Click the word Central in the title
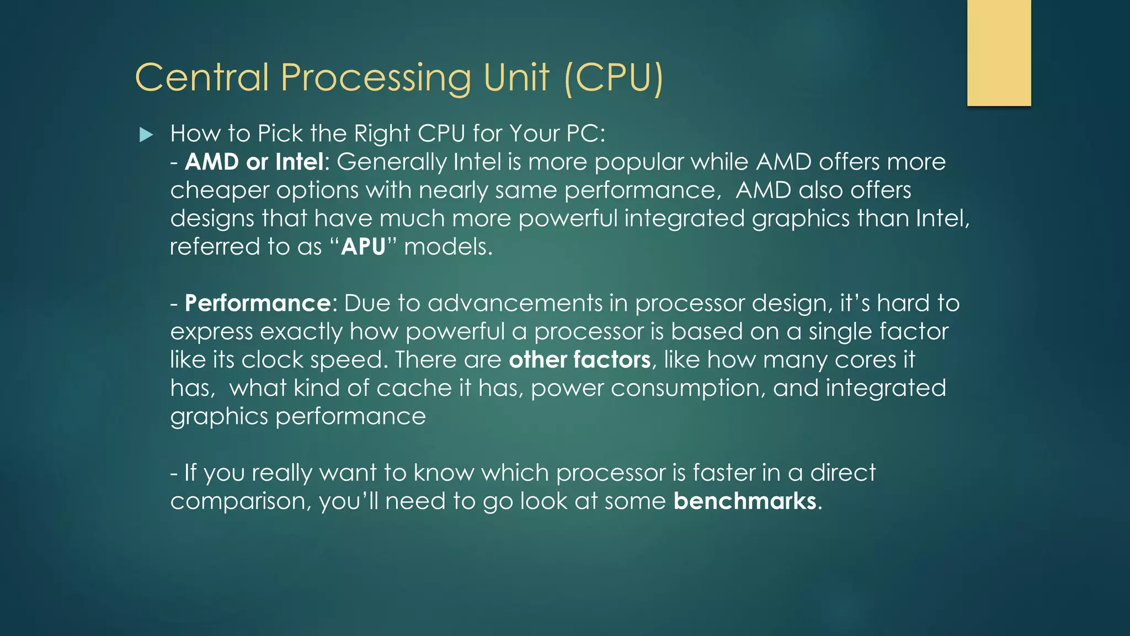202,77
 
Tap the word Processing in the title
376,78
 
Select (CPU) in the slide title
614,78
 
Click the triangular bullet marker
146,135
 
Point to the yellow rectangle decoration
999,52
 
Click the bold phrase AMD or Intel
254,162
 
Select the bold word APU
363,247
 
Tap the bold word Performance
258,303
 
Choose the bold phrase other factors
579,360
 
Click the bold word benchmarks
745,501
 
